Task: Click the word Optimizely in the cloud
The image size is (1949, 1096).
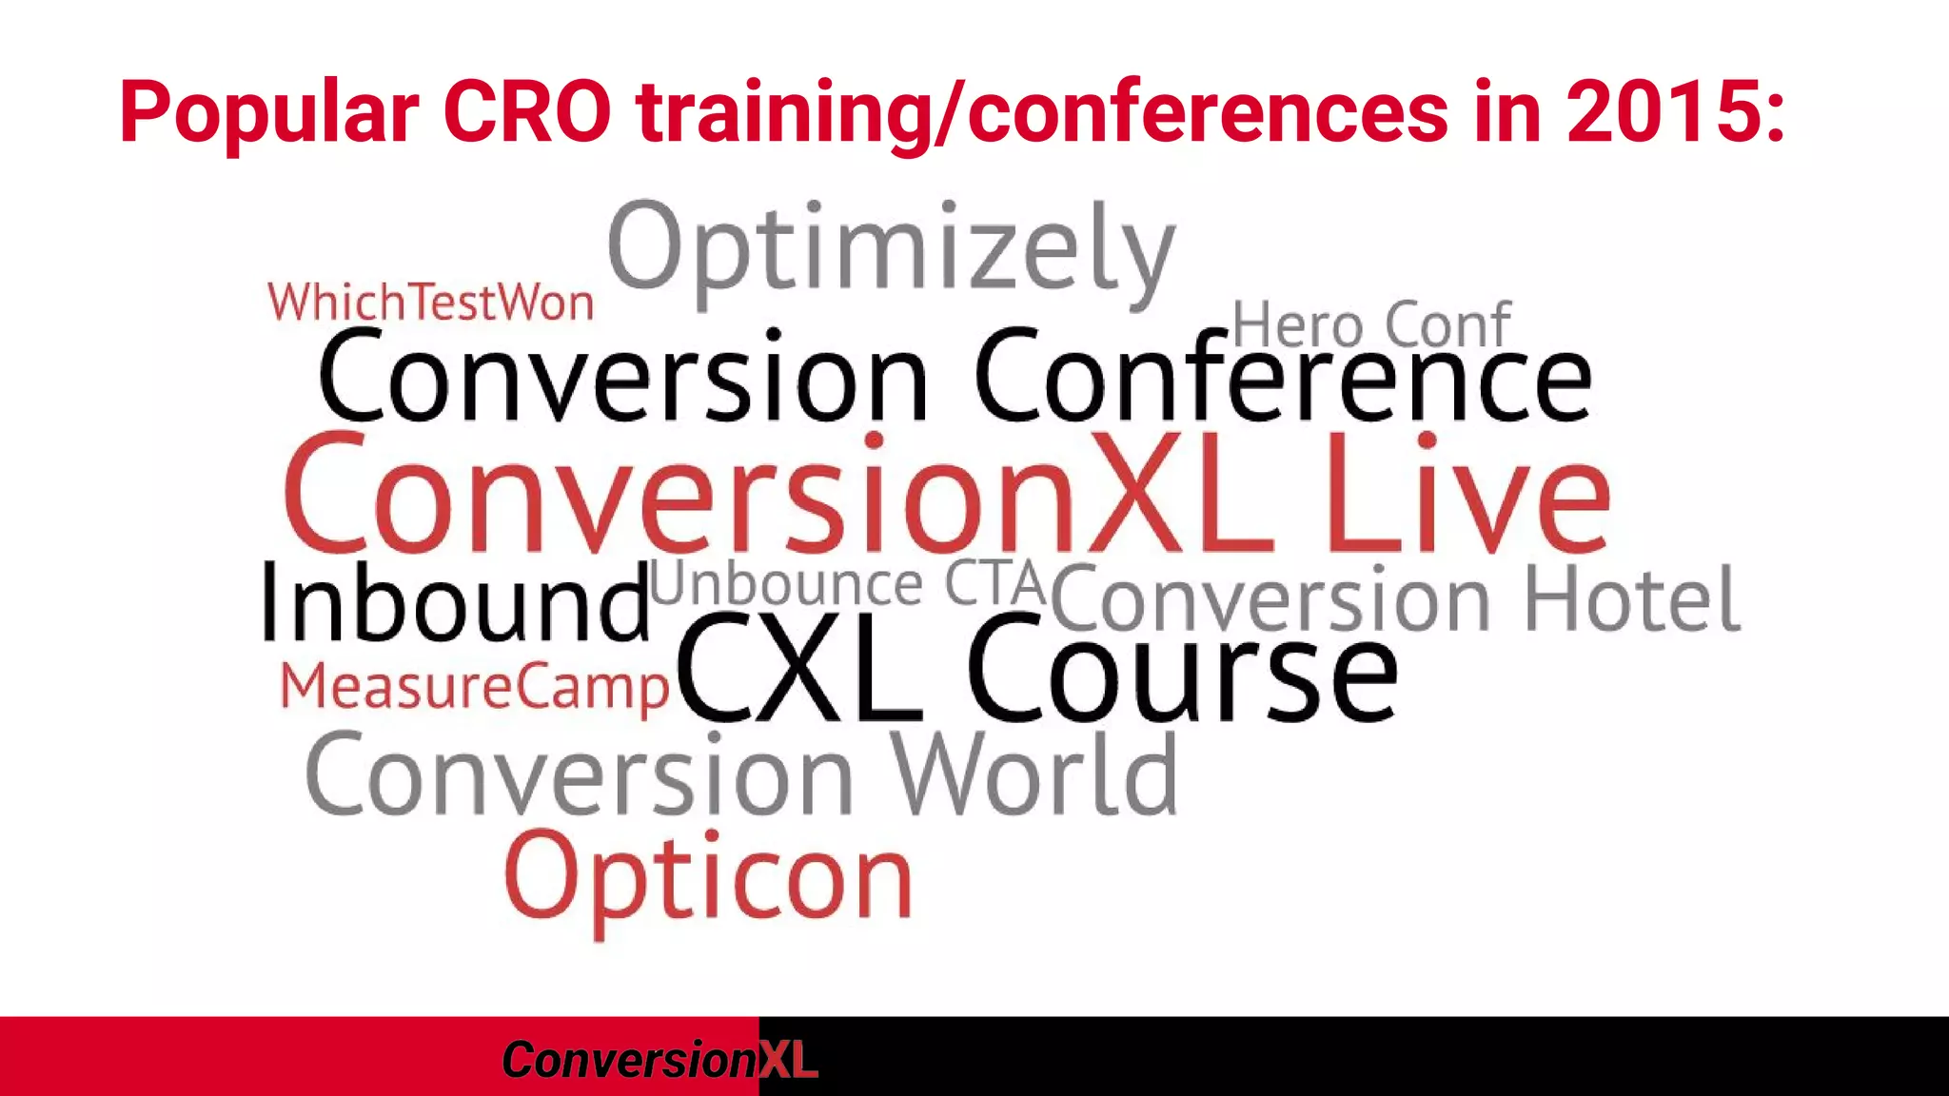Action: click(891, 249)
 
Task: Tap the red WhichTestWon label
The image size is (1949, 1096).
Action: click(431, 303)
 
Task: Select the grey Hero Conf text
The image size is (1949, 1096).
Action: click(1371, 325)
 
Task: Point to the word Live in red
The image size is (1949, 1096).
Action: click(1467, 495)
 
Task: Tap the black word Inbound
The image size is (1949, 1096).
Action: click(455, 603)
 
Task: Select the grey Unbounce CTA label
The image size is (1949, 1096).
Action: click(849, 584)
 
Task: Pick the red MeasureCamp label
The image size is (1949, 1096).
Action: click(475, 687)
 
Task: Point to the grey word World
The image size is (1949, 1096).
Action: click(1034, 774)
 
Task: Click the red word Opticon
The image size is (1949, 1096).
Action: click(708, 877)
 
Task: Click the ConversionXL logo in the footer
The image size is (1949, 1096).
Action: click(659, 1059)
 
